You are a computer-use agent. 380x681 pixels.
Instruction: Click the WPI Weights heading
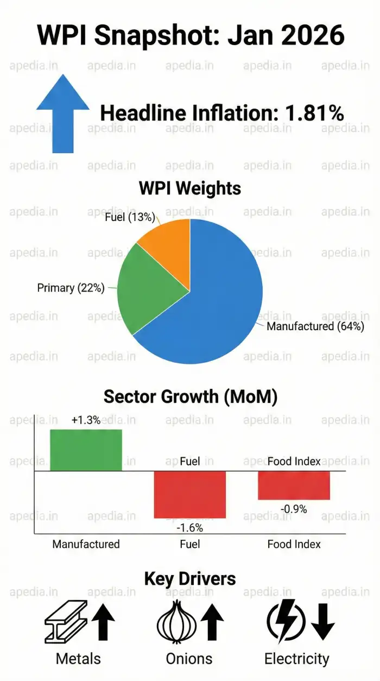tap(190, 188)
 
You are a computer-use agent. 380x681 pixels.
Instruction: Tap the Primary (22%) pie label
tap(71, 288)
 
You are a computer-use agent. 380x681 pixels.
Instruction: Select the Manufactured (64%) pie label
tap(315, 326)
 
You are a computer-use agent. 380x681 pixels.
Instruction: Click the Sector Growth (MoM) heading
tap(190, 396)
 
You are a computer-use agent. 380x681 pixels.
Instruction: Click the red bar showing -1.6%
tap(189, 494)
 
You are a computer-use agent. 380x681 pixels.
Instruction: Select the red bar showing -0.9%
tap(294, 485)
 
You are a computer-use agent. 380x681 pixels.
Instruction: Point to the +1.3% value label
tap(86, 420)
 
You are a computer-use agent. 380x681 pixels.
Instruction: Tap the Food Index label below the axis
tap(294, 544)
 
